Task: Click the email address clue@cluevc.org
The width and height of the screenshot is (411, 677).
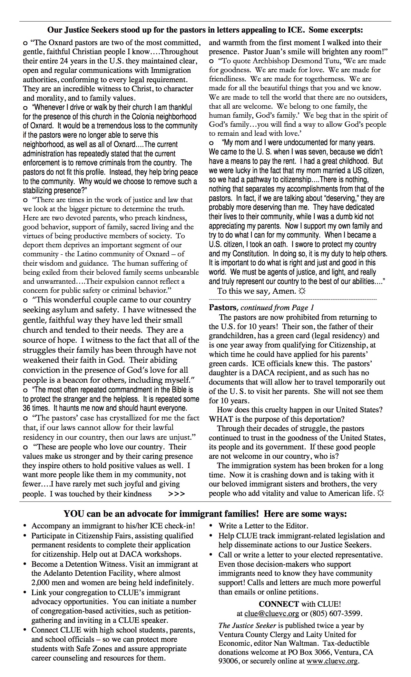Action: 272,613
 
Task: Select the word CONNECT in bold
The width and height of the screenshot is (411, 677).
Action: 279,604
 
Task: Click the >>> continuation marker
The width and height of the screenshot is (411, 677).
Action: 176,494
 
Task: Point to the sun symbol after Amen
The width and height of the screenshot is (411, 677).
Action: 302,291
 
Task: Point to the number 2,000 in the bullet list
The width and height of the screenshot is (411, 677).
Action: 42,583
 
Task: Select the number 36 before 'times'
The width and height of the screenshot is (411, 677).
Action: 27,408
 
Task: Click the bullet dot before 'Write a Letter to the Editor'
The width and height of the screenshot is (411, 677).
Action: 211,526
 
